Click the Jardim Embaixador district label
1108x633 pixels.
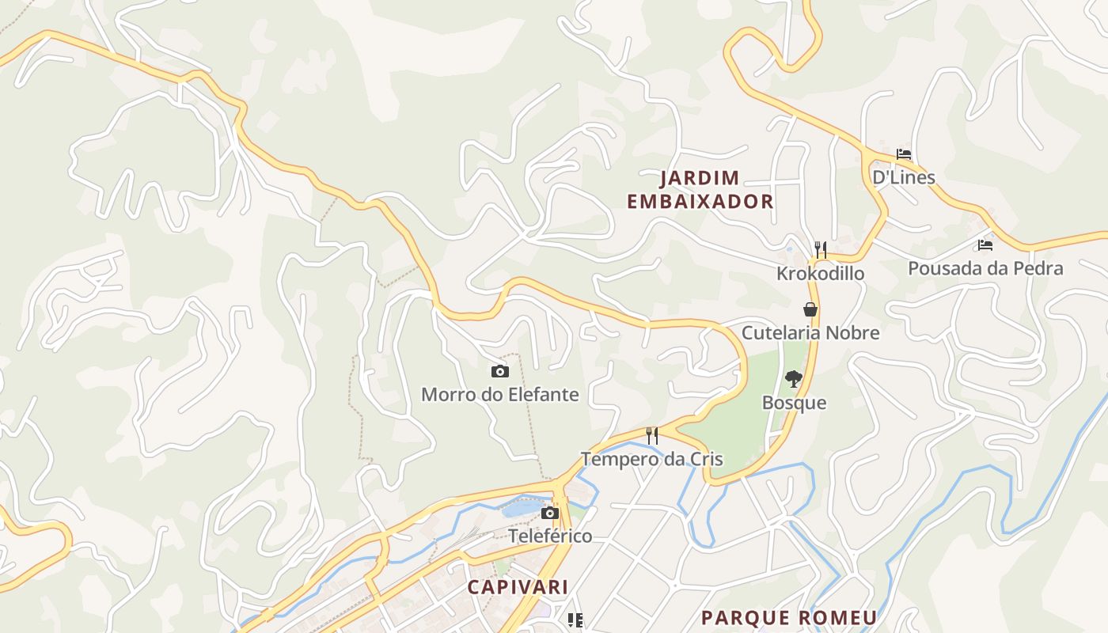(x=700, y=189)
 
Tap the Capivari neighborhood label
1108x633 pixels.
(x=518, y=587)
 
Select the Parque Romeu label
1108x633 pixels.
(x=789, y=617)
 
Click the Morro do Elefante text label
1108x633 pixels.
(x=500, y=394)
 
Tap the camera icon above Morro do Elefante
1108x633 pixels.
(x=500, y=371)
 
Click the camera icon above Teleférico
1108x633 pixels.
(x=550, y=514)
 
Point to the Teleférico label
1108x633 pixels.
(x=550, y=536)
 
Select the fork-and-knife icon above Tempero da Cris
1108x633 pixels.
(x=652, y=436)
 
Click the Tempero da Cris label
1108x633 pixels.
(x=652, y=459)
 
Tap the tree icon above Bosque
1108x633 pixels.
(x=793, y=380)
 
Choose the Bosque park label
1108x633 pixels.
(x=794, y=403)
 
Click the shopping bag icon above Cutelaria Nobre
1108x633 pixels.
(x=810, y=309)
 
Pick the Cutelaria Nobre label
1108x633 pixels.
(x=810, y=332)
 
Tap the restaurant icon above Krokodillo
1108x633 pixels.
(x=821, y=250)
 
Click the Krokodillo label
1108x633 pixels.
(x=821, y=274)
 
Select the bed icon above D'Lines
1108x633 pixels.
(x=904, y=154)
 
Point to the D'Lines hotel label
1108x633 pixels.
(x=904, y=177)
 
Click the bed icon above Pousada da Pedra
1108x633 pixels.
(x=985, y=245)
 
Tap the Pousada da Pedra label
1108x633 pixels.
(x=985, y=268)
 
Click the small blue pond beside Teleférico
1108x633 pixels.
(x=520, y=510)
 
